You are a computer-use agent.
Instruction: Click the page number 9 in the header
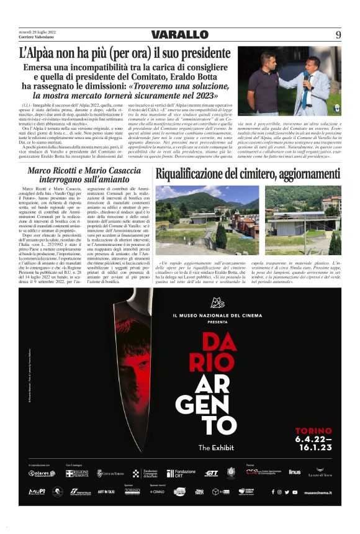click(338, 35)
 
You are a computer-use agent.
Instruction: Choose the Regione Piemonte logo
click(78, 473)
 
